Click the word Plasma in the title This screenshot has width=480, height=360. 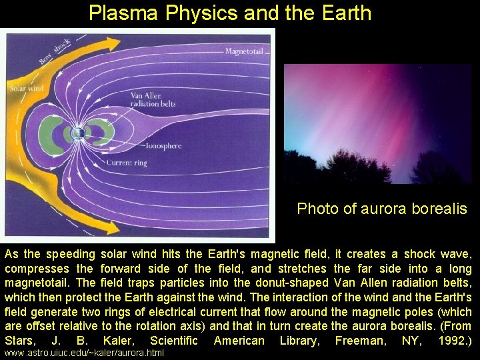(123, 13)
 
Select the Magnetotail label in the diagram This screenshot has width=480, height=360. (244, 51)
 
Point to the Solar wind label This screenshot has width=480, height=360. (27, 89)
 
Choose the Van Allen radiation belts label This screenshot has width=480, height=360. (153, 100)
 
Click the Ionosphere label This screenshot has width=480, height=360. (163, 146)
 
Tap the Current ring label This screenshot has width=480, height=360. (127, 163)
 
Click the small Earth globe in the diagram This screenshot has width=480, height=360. (78, 133)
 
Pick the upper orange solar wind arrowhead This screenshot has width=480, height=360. (112, 44)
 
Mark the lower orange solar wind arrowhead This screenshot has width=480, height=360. (112, 227)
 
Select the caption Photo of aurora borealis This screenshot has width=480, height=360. (382, 209)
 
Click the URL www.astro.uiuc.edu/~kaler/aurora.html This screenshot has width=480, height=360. (84, 353)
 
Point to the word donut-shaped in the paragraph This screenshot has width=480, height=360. (292, 283)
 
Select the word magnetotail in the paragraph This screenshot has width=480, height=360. (37, 283)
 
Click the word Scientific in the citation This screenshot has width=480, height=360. (173, 341)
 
